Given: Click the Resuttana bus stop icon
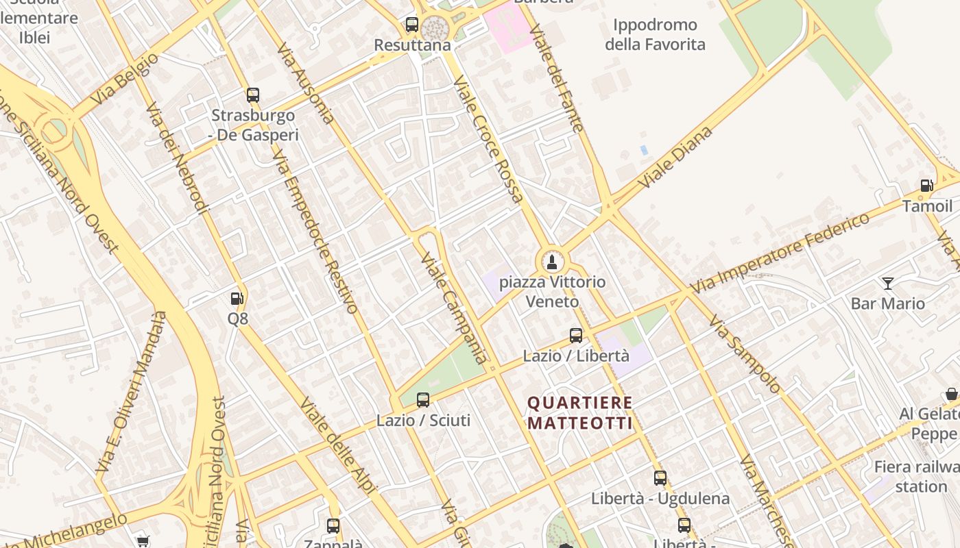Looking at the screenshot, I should click(x=411, y=25).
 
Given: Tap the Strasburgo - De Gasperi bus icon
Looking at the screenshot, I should click(x=253, y=95).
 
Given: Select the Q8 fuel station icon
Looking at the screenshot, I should click(x=237, y=299).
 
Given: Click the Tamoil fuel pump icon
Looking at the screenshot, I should click(x=926, y=186).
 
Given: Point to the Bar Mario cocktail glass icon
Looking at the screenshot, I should click(x=888, y=283).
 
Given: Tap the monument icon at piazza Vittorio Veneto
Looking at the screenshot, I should click(x=551, y=262).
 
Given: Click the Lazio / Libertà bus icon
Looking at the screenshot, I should click(x=576, y=336).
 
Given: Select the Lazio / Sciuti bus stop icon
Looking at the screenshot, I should click(x=423, y=399).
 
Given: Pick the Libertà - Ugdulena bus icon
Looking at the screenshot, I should click(x=660, y=478).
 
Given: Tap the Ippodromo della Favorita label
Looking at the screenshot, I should click(x=655, y=35).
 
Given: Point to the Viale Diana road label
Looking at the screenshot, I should click(x=675, y=158).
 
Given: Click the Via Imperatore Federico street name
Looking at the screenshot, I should click(x=780, y=253).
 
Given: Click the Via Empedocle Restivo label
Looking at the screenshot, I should click(x=315, y=232).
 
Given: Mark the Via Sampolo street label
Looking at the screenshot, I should click(x=744, y=353).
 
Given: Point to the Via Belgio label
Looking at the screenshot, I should click(x=124, y=79).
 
